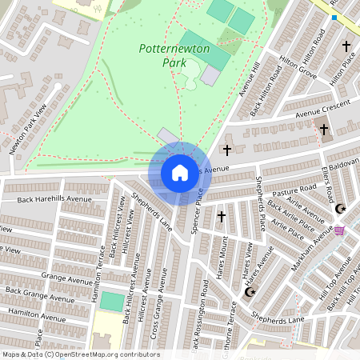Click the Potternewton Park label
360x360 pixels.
point(174,55)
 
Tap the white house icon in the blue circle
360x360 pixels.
point(179,172)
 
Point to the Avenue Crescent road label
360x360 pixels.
point(323,108)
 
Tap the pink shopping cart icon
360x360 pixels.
point(339,230)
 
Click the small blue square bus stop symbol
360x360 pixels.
point(334,18)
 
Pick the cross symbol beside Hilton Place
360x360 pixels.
point(346,47)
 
